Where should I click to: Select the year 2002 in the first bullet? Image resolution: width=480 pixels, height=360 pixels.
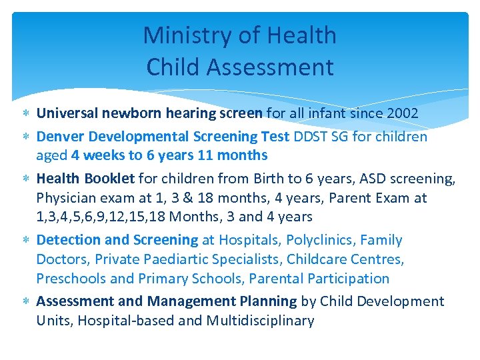399,113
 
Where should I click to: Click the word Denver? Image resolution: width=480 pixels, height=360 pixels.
60,137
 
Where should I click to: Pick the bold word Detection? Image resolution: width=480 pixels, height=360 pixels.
66,240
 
